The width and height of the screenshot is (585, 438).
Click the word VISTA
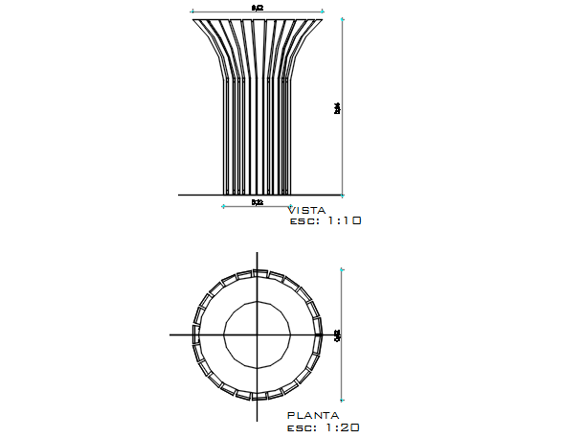click(x=306, y=210)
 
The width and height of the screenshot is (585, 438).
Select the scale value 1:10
click(x=342, y=220)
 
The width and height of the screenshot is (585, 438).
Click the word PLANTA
click(x=312, y=416)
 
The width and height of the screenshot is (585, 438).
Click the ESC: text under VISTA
click(x=303, y=220)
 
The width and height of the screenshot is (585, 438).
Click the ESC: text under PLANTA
click(x=302, y=427)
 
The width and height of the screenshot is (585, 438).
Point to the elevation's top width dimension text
click(x=258, y=8)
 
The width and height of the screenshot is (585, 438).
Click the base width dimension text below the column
click(x=258, y=203)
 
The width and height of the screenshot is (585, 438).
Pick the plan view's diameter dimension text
click(x=337, y=335)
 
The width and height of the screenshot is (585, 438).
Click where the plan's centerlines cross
click(x=257, y=334)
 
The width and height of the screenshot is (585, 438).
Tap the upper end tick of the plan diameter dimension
click(x=343, y=270)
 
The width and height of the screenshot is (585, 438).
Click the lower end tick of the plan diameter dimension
click(x=343, y=400)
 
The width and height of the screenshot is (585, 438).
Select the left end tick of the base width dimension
click(x=224, y=205)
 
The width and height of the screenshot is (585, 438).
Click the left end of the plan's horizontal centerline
click(x=170, y=334)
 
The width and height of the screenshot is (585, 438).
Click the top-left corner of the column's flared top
click(x=193, y=18)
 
